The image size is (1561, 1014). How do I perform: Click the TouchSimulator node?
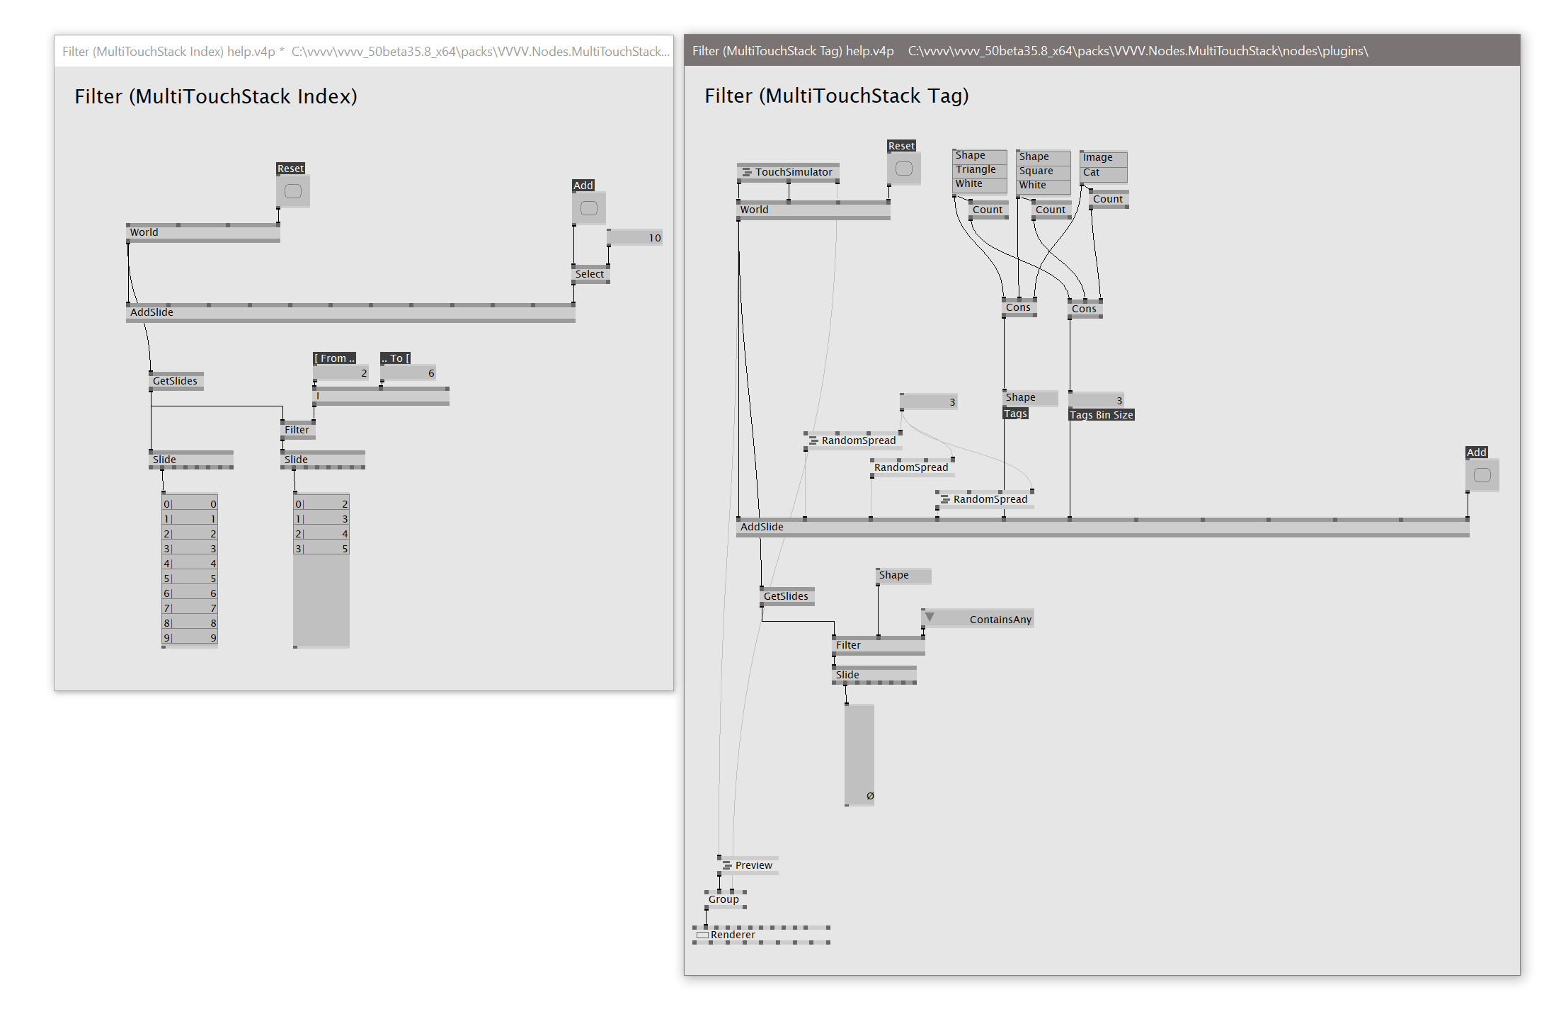[x=788, y=172]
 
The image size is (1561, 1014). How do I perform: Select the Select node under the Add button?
[x=590, y=274]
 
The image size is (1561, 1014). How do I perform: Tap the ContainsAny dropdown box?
[x=978, y=619]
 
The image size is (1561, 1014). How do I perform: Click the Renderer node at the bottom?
[x=761, y=935]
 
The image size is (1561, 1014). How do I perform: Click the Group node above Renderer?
[x=725, y=899]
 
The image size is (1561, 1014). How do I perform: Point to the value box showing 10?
[x=635, y=237]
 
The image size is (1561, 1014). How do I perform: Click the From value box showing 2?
[x=341, y=373]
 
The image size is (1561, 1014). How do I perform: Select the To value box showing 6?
[x=408, y=373]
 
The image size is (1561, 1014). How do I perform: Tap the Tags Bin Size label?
[x=1102, y=415]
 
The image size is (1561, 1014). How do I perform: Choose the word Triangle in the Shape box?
[x=976, y=169]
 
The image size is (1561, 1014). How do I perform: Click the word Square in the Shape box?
[x=1036, y=171]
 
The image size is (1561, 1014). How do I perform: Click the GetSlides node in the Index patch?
[x=176, y=381]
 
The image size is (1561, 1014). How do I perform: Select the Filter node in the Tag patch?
[x=878, y=645]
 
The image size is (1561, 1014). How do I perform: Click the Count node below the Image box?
[x=1109, y=199]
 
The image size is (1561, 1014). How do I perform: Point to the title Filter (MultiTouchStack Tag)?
[x=836, y=96]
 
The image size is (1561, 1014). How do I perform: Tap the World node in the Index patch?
[x=203, y=232]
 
